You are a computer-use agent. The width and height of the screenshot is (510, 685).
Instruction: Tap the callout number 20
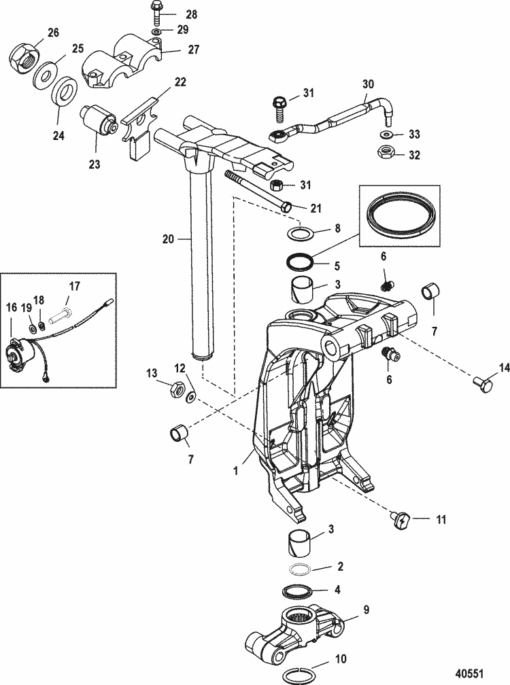click(x=169, y=239)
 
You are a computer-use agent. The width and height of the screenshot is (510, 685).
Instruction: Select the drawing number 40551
click(x=469, y=673)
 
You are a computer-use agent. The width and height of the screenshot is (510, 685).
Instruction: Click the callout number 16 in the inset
click(x=12, y=308)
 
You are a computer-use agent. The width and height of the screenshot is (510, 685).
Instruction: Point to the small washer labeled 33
click(x=384, y=133)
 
